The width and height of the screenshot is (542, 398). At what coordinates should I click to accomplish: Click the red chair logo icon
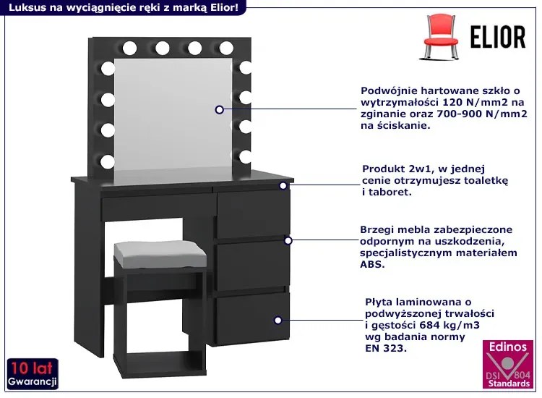click(x=439, y=36)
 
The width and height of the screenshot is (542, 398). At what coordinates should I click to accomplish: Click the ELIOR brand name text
click(x=498, y=37)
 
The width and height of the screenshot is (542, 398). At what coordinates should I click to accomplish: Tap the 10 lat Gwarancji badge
click(x=33, y=374)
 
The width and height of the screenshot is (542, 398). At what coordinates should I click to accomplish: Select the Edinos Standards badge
click(x=508, y=364)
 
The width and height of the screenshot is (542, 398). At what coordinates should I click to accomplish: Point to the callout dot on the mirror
click(x=219, y=110)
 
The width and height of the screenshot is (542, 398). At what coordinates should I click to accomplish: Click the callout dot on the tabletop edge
click(x=283, y=186)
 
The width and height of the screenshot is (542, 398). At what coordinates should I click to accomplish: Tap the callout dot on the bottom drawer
click(x=278, y=321)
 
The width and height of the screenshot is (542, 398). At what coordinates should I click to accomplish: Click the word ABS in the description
click(x=372, y=264)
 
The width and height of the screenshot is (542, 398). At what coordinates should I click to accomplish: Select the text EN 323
click(x=386, y=348)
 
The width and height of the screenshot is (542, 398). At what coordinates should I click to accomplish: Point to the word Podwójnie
click(x=387, y=91)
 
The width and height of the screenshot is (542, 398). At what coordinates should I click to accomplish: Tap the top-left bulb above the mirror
click(x=129, y=48)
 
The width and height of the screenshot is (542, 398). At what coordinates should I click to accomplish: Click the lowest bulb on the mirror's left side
click(x=108, y=161)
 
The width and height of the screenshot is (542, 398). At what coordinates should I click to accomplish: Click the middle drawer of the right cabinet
click(x=253, y=266)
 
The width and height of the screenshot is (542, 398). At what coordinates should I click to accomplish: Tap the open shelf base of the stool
click(x=160, y=364)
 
